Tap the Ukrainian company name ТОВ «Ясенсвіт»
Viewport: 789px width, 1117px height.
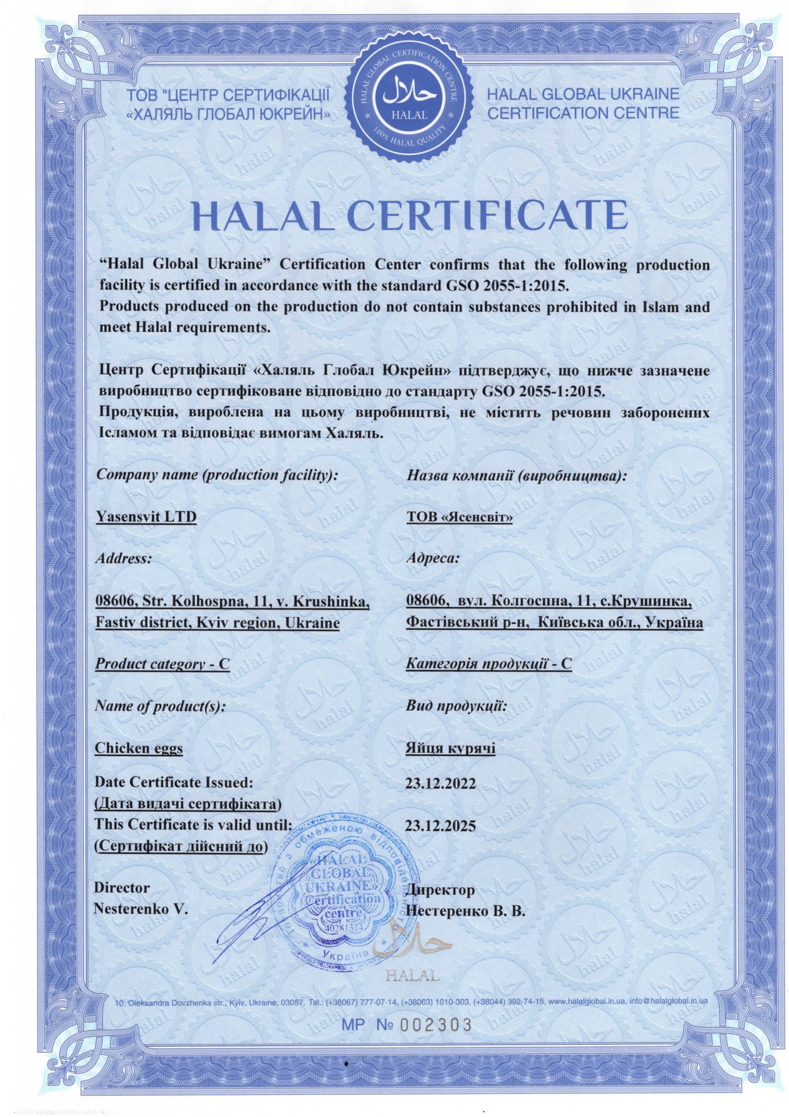pos(459,517)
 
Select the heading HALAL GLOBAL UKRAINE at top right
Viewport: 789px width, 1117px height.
pos(583,94)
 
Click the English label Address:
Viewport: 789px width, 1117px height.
pos(124,558)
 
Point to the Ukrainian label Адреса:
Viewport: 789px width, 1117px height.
pos(432,558)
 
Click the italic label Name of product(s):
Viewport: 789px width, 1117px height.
pos(160,706)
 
